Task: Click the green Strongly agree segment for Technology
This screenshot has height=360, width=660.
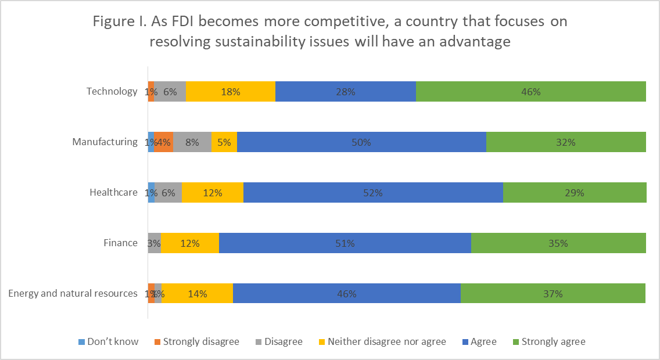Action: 530,92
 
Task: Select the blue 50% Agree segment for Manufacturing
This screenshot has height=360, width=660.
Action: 361,142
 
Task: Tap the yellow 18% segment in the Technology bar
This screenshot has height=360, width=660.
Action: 230,92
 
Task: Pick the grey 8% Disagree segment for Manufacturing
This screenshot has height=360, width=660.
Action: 192,142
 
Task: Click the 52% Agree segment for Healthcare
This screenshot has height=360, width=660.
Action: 373,193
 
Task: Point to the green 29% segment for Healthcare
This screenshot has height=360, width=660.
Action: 574,193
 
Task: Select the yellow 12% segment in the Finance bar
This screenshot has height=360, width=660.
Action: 190,243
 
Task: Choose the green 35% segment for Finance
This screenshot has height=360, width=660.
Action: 558,243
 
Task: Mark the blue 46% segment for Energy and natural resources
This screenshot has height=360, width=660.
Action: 346,293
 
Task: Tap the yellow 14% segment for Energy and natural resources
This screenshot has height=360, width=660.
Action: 197,293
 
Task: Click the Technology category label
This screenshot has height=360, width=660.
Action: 112,92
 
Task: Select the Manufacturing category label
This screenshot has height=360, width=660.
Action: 105,142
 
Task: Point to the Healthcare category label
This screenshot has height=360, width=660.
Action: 113,193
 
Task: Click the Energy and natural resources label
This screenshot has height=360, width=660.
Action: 73,293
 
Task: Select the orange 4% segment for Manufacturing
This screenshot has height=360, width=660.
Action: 164,142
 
